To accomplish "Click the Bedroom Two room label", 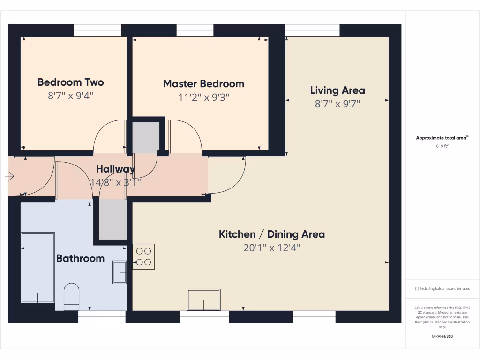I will point(70,82).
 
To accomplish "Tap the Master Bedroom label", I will point(203,84).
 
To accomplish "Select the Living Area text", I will point(337,90).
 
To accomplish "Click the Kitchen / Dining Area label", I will point(271,234).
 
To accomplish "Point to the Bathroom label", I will point(80,258).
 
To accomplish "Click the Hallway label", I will point(115,169).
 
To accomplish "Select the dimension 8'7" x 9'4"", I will point(70,96).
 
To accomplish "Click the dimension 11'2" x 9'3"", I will point(203,97).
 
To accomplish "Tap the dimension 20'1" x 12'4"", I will point(271,248).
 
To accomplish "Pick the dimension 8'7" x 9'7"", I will point(337,104).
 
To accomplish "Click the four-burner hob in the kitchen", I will point(143,256).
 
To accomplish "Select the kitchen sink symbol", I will point(203,300).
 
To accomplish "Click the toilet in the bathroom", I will point(71,296).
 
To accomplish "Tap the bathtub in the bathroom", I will point(38,267).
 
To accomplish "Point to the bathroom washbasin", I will point(120,272).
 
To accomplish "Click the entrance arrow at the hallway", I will point(9,176).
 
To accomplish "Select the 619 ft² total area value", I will point(442,146).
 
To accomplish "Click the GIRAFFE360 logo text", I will point(442,336).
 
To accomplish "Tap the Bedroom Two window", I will point(97,30).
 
